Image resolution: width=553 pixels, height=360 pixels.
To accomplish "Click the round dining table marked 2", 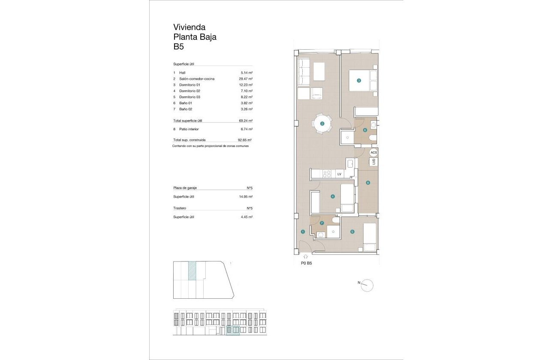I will (322, 124).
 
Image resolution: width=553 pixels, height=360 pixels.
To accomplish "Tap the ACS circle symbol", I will (374, 152).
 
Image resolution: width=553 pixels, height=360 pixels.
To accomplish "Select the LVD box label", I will (374, 162).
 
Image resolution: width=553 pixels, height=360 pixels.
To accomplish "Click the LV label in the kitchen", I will (339, 174).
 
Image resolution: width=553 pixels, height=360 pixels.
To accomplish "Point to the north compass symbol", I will (367, 285).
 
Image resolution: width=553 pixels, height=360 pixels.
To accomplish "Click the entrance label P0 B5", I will (306, 264).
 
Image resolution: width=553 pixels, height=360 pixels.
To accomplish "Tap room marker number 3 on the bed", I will (359, 80).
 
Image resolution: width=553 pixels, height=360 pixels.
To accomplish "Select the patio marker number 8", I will (368, 183).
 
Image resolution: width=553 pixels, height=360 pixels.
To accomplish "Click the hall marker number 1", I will (303, 231).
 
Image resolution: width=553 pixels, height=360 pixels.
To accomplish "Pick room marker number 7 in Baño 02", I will (322, 223).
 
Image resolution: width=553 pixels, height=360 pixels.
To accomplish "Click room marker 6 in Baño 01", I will (365, 130).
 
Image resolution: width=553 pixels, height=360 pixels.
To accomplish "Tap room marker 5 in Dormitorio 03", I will (352, 232).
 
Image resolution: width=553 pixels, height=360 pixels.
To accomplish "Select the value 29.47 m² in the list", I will (246, 79).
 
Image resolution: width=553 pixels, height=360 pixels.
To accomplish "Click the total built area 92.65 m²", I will (244, 140).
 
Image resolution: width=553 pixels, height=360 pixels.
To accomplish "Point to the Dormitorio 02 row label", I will (189, 91).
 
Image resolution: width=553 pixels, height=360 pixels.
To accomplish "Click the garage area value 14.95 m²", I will (246, 197).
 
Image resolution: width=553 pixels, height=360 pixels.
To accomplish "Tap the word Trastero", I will (180, 208).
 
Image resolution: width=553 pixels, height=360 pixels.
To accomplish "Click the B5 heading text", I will (179, 47).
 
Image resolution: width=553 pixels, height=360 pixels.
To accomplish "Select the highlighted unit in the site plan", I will (192, 271).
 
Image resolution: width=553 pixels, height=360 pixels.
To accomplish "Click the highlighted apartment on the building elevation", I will (233, 330).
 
